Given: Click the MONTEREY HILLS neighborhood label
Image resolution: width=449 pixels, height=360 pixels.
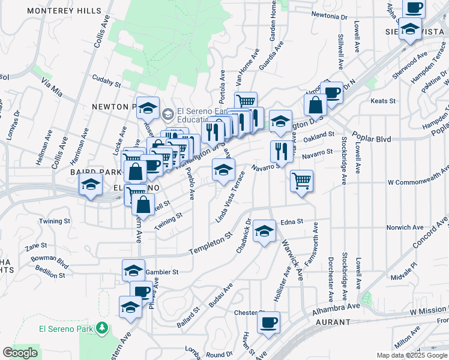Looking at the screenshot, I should pos(65,11).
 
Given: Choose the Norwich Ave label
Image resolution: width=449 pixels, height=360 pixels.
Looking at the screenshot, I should pos(405,227).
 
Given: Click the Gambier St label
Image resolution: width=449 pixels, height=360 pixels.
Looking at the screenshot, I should pos(163,271).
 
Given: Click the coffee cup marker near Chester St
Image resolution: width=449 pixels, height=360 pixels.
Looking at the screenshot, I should pos(268,322).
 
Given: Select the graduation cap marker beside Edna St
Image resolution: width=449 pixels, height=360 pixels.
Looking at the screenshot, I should pos(264,231).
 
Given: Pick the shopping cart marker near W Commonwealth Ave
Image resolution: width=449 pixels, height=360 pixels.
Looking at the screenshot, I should pos(301,180).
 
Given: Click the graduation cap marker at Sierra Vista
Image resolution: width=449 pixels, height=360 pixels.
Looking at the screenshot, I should pos(411,29).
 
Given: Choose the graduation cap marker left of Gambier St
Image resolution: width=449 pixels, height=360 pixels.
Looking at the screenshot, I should pos(133,270).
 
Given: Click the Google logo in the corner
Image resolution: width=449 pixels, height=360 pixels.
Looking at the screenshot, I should pos(20,353).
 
